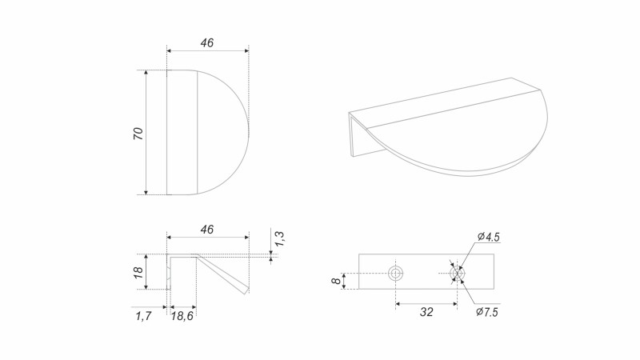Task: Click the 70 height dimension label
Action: pos(138,134)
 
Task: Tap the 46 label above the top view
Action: pos(206,43)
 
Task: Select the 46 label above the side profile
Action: pos(206,230)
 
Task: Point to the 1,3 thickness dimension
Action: pos(279,238)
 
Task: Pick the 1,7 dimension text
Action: pos(143,316)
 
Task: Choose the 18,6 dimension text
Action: pos(182,316)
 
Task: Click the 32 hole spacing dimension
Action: pos(426,312)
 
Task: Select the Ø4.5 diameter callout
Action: pos(488,237)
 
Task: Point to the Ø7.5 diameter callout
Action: pos(488,311)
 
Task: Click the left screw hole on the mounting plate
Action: pos(396,274)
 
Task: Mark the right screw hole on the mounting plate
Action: pos(458,274)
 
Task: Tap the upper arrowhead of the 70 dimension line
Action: pos(146,73)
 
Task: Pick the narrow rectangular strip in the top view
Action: pos(182,132)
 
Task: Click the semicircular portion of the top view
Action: pos(222,132)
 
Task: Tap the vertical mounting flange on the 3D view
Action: pos(354,134)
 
